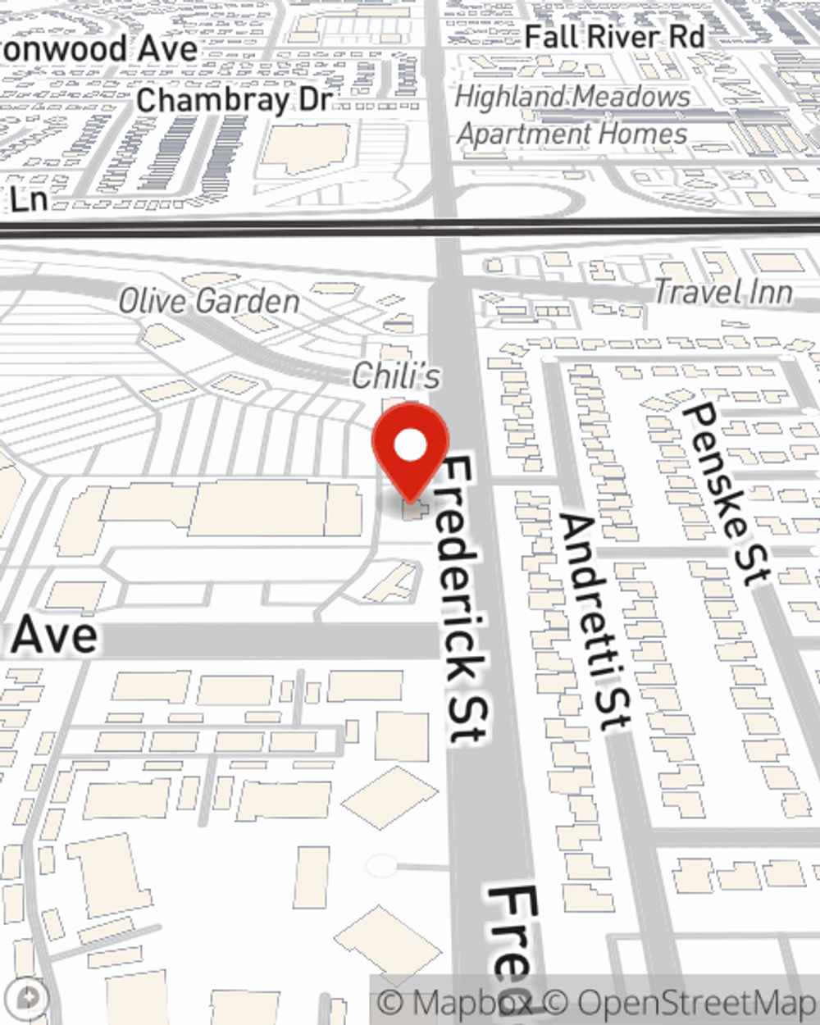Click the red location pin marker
[410, 451]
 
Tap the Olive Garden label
[209, 302]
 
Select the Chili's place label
[396, 376]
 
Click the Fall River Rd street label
[614, 37]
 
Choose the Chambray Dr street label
[234, 101]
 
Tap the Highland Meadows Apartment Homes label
[573, 115]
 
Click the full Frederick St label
[465, 600]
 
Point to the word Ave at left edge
[54, 636]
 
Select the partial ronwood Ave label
[98, 48]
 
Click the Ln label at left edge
[30, 199]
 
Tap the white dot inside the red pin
[410, 446]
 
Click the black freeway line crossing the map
[246, 226]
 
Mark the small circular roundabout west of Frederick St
[380, 865]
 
